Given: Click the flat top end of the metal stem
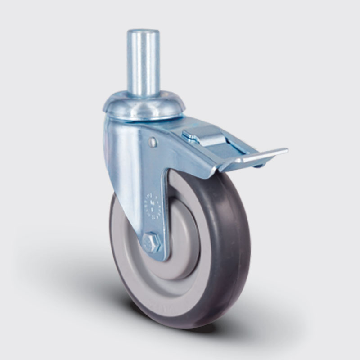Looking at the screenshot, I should (x=143, y=32).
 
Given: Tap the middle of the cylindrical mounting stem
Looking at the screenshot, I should (x=143, y=63).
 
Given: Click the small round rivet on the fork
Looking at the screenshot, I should (x=153, y=142).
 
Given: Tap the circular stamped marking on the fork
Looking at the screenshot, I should (x=153, y=205).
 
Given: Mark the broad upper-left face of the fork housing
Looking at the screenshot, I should (x=124, y=148).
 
